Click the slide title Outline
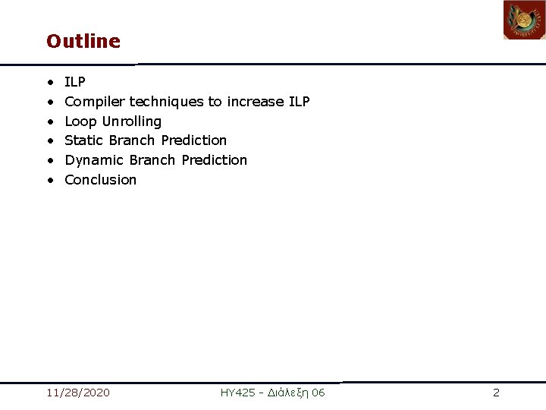pos(83,41)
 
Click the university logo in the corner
pos(525,20)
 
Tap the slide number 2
pos(497,393)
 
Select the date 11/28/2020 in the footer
pos(78,393)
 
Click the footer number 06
pos(318,393)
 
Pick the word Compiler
pos(95,102)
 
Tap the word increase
pos(256,102)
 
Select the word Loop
pos(80,121)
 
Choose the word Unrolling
pos(132,121)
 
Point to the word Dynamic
pos(94,160)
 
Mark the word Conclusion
pos(101,180)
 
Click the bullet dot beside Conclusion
pos(51,180)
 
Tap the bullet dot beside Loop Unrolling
pos(51,121)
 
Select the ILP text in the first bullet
pos(75,82)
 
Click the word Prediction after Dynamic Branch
pos(215,160)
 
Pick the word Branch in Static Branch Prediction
pos(132,140)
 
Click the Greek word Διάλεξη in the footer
pos(288,393)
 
